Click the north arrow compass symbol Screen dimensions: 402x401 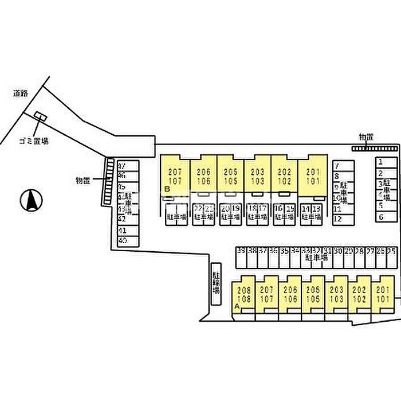tap(32, 200)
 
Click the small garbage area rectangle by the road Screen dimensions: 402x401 tap(40, 116)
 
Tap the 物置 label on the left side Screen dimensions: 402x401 tap(83, 181)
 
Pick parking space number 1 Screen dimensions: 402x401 tap(380, 162)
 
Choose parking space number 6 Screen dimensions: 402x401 tap(380, 217)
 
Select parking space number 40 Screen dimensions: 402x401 tap(122, 241)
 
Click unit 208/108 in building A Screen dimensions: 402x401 tap(244, 295)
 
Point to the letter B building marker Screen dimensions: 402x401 tap(166, 189)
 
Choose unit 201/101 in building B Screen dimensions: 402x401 tap(312, 177)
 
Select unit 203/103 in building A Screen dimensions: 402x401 tap(337, 295)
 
